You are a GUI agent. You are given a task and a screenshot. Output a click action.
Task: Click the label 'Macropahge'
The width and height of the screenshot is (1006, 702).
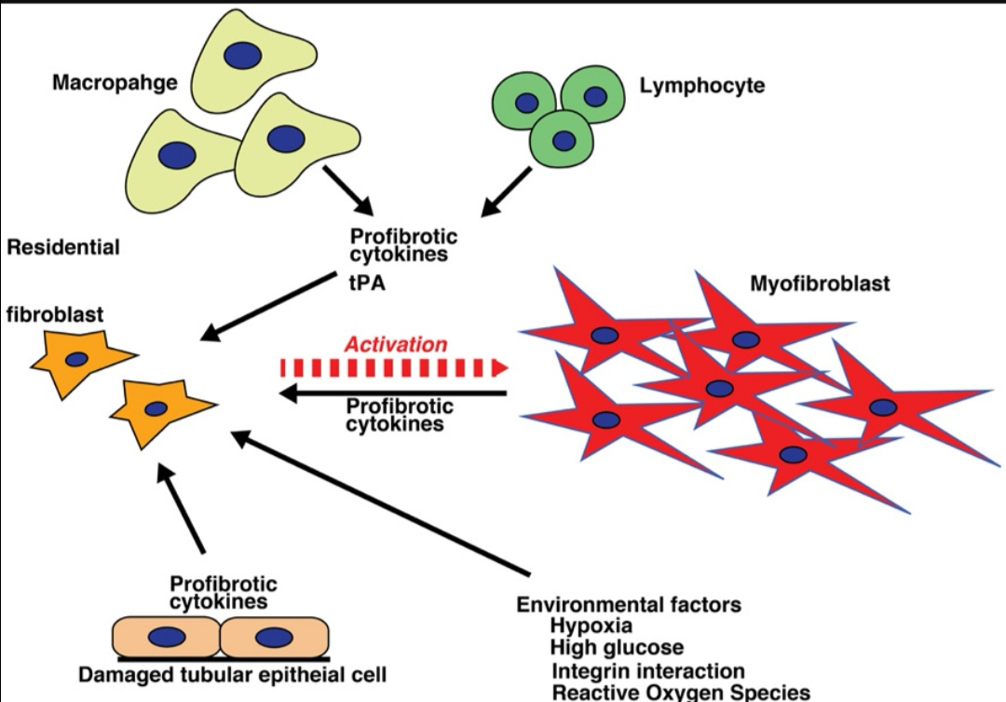tap(115, 83)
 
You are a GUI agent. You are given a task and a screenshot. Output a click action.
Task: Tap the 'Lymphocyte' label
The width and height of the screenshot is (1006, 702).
tap(702, 86)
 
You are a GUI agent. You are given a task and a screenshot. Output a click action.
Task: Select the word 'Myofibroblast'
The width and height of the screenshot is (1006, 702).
tap(820, 283)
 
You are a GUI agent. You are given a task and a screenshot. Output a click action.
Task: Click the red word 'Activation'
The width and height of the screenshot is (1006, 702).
tap(396, 344)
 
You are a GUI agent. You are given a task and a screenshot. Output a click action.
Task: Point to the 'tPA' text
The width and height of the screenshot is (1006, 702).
tap(368, 282)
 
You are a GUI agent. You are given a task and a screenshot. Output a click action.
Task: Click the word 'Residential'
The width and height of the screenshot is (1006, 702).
tap(63, 247)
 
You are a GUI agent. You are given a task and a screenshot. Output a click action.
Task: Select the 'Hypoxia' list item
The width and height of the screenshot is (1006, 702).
tap(591, 626)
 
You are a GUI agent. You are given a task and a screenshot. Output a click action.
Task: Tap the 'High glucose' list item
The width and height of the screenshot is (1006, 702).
tap(617, 647)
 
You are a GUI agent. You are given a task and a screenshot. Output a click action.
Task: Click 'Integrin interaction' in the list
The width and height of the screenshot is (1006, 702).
tap(648, 671)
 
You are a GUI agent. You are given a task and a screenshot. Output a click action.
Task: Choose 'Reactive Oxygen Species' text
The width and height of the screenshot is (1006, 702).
tap(681, 693)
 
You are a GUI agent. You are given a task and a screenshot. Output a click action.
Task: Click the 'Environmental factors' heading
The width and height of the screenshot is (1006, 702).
tap(629, 604)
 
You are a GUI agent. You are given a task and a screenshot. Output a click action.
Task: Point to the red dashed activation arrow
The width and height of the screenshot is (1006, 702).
tap(395, 368)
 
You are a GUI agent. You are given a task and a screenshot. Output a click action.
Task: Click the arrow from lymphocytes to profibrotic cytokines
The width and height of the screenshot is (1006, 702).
tap(506, 192)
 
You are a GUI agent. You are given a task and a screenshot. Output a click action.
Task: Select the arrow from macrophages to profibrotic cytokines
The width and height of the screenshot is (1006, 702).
tap(348, 191)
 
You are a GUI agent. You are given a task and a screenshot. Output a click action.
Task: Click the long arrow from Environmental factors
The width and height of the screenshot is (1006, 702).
tap(380, 502)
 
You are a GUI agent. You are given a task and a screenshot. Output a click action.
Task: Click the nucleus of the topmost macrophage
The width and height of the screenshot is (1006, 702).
tap(242, 55)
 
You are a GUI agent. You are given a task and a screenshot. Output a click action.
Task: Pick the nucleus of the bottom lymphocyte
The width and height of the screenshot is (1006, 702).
tap(564, 141)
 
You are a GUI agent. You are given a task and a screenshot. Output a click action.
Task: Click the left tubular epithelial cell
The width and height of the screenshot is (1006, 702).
tap(166, 637)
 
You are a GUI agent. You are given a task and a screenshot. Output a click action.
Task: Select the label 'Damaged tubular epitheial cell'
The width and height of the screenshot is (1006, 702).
tap(232, 675)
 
